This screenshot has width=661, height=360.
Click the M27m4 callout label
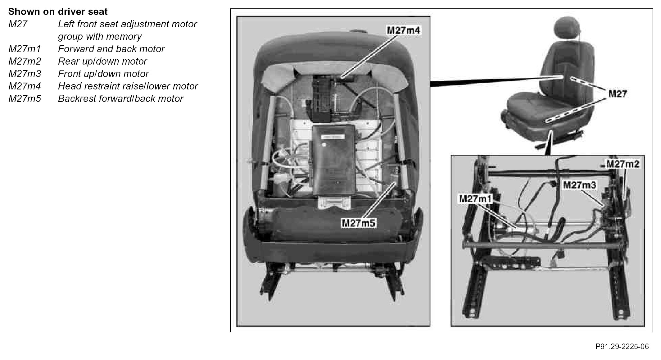tap(403, 30)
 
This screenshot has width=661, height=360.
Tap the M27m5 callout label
tap(359, 223)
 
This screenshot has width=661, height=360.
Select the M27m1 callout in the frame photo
tap(476, 198)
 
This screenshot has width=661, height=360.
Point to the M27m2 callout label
tap(623, 164)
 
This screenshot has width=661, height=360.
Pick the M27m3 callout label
tap(580, 185)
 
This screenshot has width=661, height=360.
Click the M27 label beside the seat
tap(618, 93)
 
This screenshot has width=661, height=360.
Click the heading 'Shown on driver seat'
tap(58, 12)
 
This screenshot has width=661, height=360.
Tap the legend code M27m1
tap(25, 49)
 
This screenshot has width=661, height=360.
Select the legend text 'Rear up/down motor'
tap(102, 62)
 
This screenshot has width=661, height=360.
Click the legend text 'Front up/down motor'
tap(103, 74)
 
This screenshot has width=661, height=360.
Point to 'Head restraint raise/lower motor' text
tap(128, 86)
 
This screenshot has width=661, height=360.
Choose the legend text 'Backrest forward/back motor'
tap(121, 99)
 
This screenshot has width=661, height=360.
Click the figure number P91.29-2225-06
tap(622, 347)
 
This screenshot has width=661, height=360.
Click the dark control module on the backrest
tap(334, 160)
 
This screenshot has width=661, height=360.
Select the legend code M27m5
tap(25, 99)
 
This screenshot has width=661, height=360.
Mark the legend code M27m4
tap(25, 86)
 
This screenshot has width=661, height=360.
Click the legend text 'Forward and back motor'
tap(111, 49)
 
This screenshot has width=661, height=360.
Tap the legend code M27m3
tap(25, 74)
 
